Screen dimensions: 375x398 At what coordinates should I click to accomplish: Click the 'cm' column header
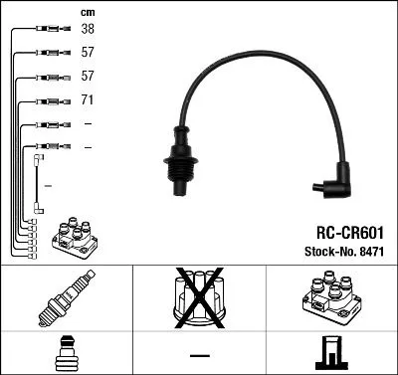[x=87, y=11]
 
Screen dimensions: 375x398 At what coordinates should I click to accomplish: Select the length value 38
[x=88, y=30]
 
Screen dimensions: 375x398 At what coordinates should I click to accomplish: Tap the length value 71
[x=88, y=100]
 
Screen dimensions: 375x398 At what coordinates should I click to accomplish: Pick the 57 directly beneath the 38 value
[x=88, y=54]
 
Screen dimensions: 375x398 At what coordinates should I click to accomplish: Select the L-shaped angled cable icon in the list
[x=39, y=183]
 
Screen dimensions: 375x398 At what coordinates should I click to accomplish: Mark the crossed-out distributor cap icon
[x=199, y=301]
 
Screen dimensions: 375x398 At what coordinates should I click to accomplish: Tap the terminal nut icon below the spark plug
[x=66, y=353]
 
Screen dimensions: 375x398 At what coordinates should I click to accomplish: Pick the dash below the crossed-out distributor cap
[x=199, y=355]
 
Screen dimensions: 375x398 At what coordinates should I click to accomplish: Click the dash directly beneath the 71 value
[x=88, y=124]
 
